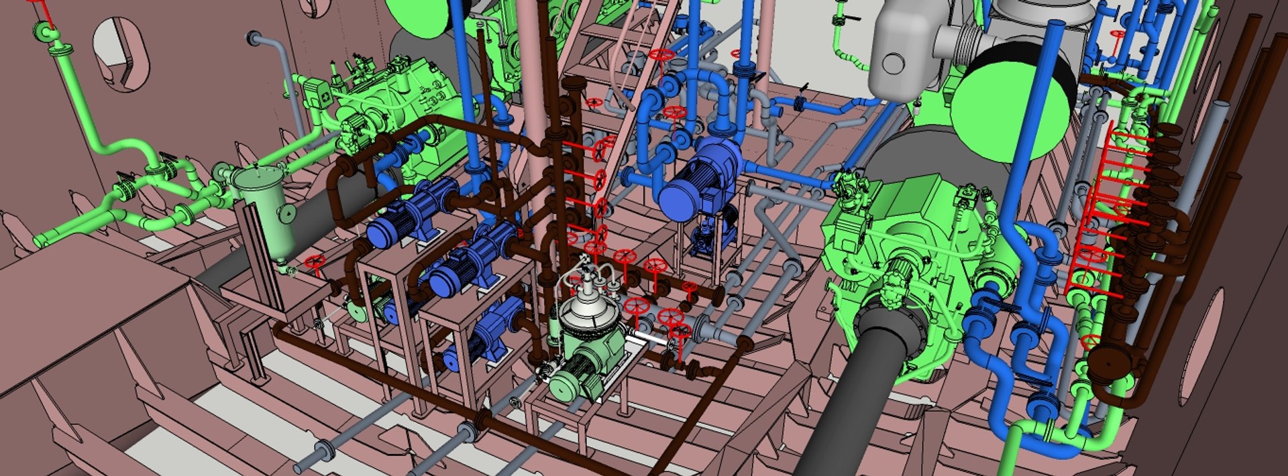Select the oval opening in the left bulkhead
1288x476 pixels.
[122, 53]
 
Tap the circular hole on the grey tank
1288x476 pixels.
[894, 64]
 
